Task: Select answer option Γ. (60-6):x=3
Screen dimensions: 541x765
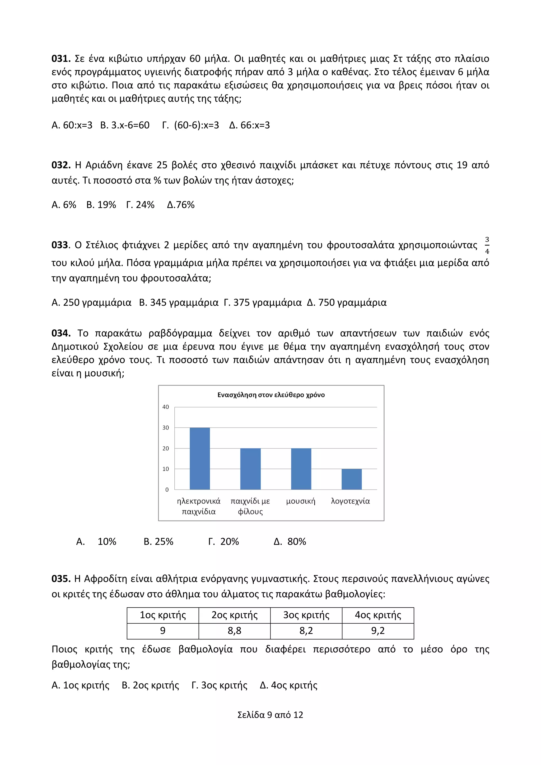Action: (190, 125)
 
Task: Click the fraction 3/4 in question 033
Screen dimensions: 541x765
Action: (487, 246)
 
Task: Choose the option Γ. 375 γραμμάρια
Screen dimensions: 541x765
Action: (263, 302)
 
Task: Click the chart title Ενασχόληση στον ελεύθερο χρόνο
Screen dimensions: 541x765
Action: (271, 395)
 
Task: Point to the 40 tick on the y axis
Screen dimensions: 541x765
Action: (166, 407)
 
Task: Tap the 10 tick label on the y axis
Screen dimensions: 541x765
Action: (166, 469)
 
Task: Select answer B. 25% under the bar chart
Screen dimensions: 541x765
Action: (158, 542)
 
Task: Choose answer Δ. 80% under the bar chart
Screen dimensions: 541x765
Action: (290, 542)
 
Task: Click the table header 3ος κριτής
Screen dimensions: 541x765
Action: (306, 615)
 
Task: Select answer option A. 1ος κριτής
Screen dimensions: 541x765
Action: (80, 685)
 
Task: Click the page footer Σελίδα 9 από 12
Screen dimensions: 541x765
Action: (270, 715)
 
